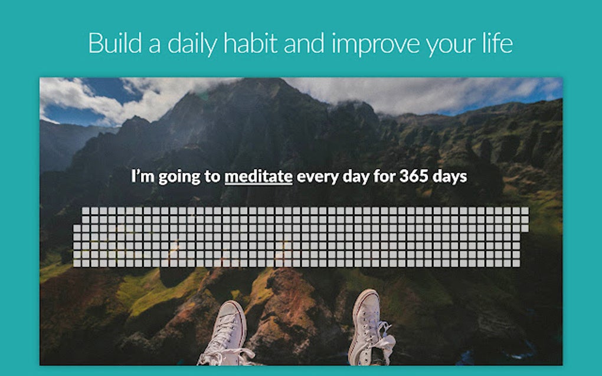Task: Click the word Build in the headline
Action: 115,43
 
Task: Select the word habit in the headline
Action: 250,43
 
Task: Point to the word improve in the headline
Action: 376,45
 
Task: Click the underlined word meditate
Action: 259,176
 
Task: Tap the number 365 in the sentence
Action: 414,176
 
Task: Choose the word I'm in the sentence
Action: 143,176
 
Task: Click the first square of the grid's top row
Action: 86,211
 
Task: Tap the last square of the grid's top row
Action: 525,211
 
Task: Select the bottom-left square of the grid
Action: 77,263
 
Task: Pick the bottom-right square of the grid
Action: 516,263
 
